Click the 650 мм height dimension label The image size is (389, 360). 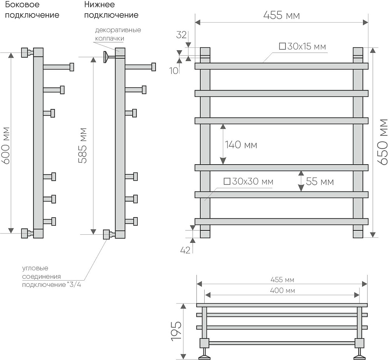click(383, 142)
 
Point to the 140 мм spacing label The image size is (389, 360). click(241, 145)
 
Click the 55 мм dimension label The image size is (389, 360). click(320, 181)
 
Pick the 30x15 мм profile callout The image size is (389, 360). click(302, 47)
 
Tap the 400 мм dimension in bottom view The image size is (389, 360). click(282, 291)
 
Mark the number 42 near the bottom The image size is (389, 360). click(185, 250)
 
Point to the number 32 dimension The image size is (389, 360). click(181, 35)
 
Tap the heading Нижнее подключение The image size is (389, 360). click(111, 10)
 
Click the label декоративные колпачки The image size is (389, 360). click(118, 34)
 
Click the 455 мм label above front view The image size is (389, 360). click(281, 16)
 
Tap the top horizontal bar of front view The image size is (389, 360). click(281, 66)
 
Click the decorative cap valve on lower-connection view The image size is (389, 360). click(106, 57)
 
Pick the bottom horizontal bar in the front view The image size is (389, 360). click(281, 221)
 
